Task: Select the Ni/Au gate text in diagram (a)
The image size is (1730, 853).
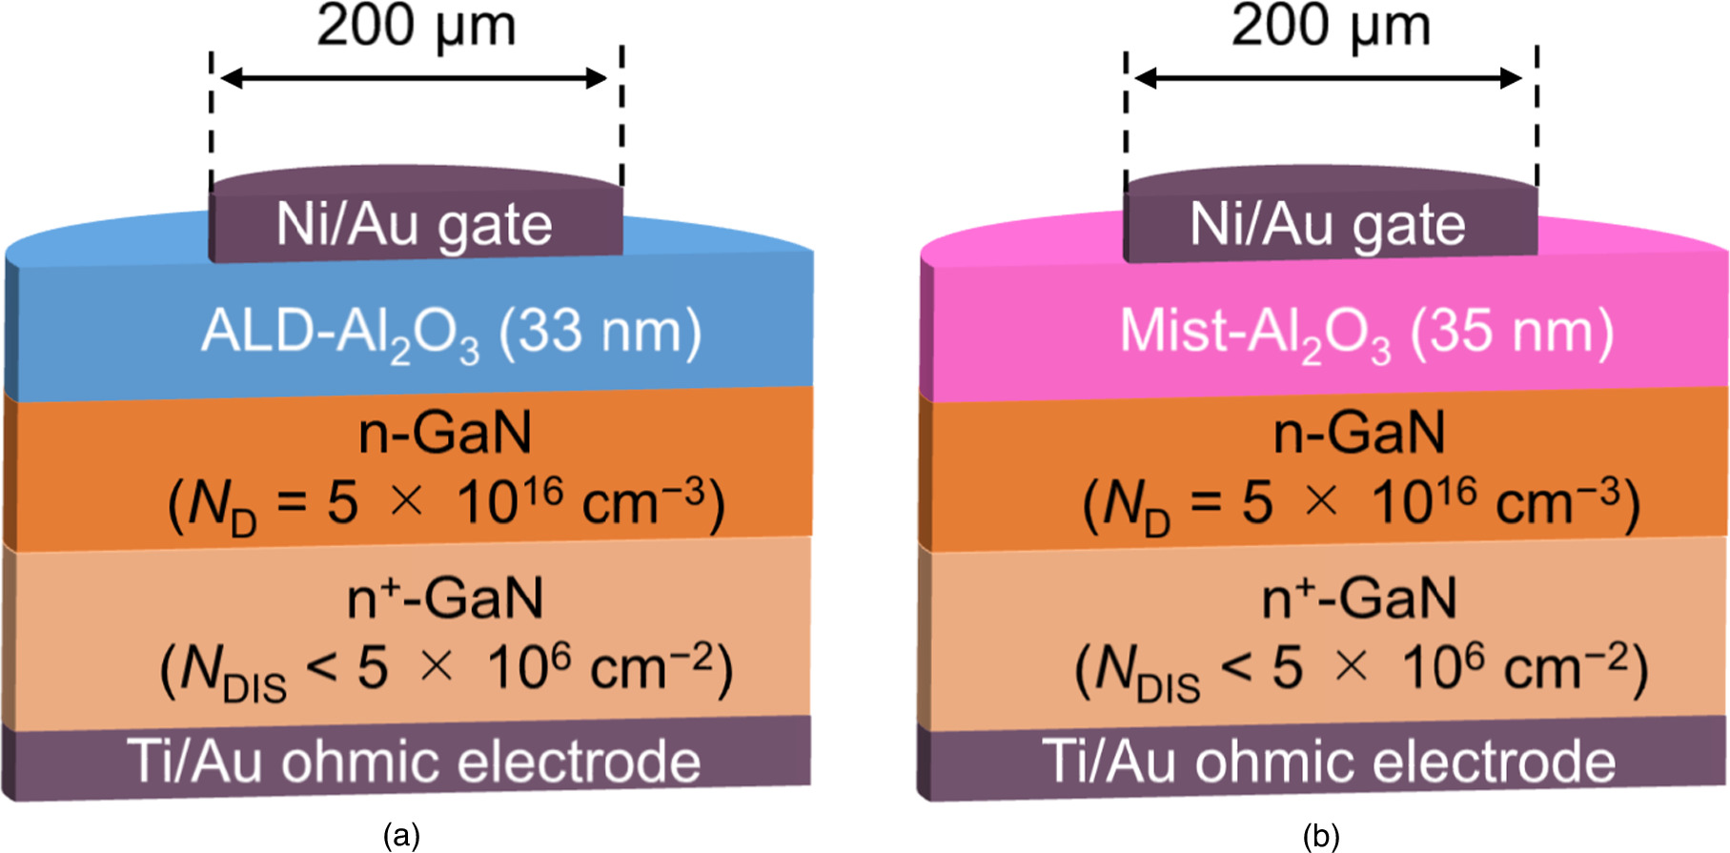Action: click(414, 226)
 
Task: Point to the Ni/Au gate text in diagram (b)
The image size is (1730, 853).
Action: click(1328, 226)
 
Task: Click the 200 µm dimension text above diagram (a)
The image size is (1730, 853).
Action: click(417, 26)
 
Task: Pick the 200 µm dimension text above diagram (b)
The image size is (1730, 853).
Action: click(1331, 26)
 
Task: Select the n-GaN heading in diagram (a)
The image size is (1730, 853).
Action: click(445, 434)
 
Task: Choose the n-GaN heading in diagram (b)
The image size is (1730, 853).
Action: click(1359, 434)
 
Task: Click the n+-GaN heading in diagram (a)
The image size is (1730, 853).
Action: click(445, 599)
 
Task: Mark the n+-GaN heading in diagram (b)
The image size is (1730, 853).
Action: click(1359, 599)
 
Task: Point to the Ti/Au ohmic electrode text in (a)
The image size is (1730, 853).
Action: click(414, 762)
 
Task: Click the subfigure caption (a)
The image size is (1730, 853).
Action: click(401, 836)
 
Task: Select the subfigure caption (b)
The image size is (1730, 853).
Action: click(1321, 836)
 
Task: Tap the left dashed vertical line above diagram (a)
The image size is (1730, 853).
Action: click(212, 114)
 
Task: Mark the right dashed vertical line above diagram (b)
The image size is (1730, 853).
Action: click(1537, 114)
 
